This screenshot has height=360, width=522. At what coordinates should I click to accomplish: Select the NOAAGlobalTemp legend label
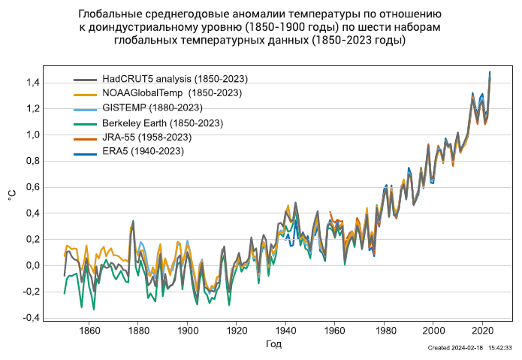point(172,92)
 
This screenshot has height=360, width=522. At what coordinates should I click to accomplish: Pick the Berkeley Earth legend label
point(162,123)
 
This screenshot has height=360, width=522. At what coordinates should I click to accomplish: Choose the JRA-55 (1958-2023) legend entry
point(146,137)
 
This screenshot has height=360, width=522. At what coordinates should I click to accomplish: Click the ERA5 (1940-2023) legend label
point(143,151)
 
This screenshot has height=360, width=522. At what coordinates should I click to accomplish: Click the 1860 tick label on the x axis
point(89,329)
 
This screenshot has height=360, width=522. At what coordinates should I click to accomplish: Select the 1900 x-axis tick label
point(188,329)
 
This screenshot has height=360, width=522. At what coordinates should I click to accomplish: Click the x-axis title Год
point(274,344)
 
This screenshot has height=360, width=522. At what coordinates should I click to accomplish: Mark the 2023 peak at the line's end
point(490,73)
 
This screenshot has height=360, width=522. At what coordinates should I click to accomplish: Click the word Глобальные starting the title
point(110,14)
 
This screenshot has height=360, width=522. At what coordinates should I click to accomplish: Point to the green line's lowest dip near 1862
point(94,309)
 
